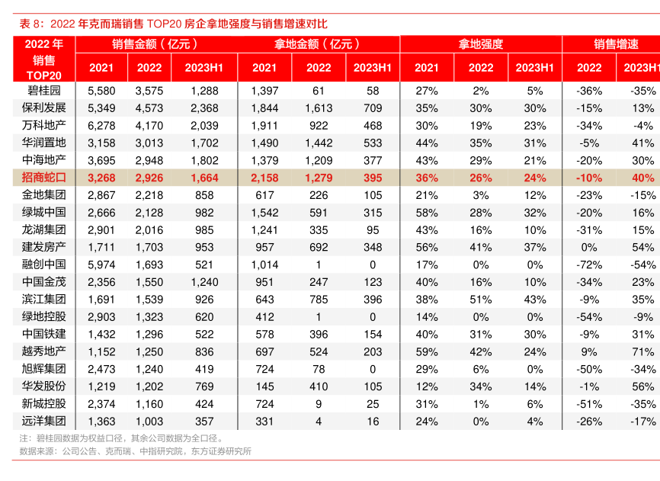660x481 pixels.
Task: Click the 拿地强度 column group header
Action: point(480,44)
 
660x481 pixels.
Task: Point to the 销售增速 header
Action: point(616,44)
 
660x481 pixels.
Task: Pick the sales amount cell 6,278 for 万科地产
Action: point(101,126)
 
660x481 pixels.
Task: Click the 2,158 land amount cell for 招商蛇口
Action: point(264,178)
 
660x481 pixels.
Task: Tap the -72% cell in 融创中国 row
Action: point(588,265)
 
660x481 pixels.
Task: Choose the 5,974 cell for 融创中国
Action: point(101,265)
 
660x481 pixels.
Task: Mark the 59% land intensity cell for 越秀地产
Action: point(427,351)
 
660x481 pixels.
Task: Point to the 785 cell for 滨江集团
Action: point(319,300)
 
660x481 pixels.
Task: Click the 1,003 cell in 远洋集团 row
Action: point(149,421)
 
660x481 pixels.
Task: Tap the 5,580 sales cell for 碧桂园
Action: point(101,91)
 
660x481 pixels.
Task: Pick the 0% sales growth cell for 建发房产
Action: point(588,247)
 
